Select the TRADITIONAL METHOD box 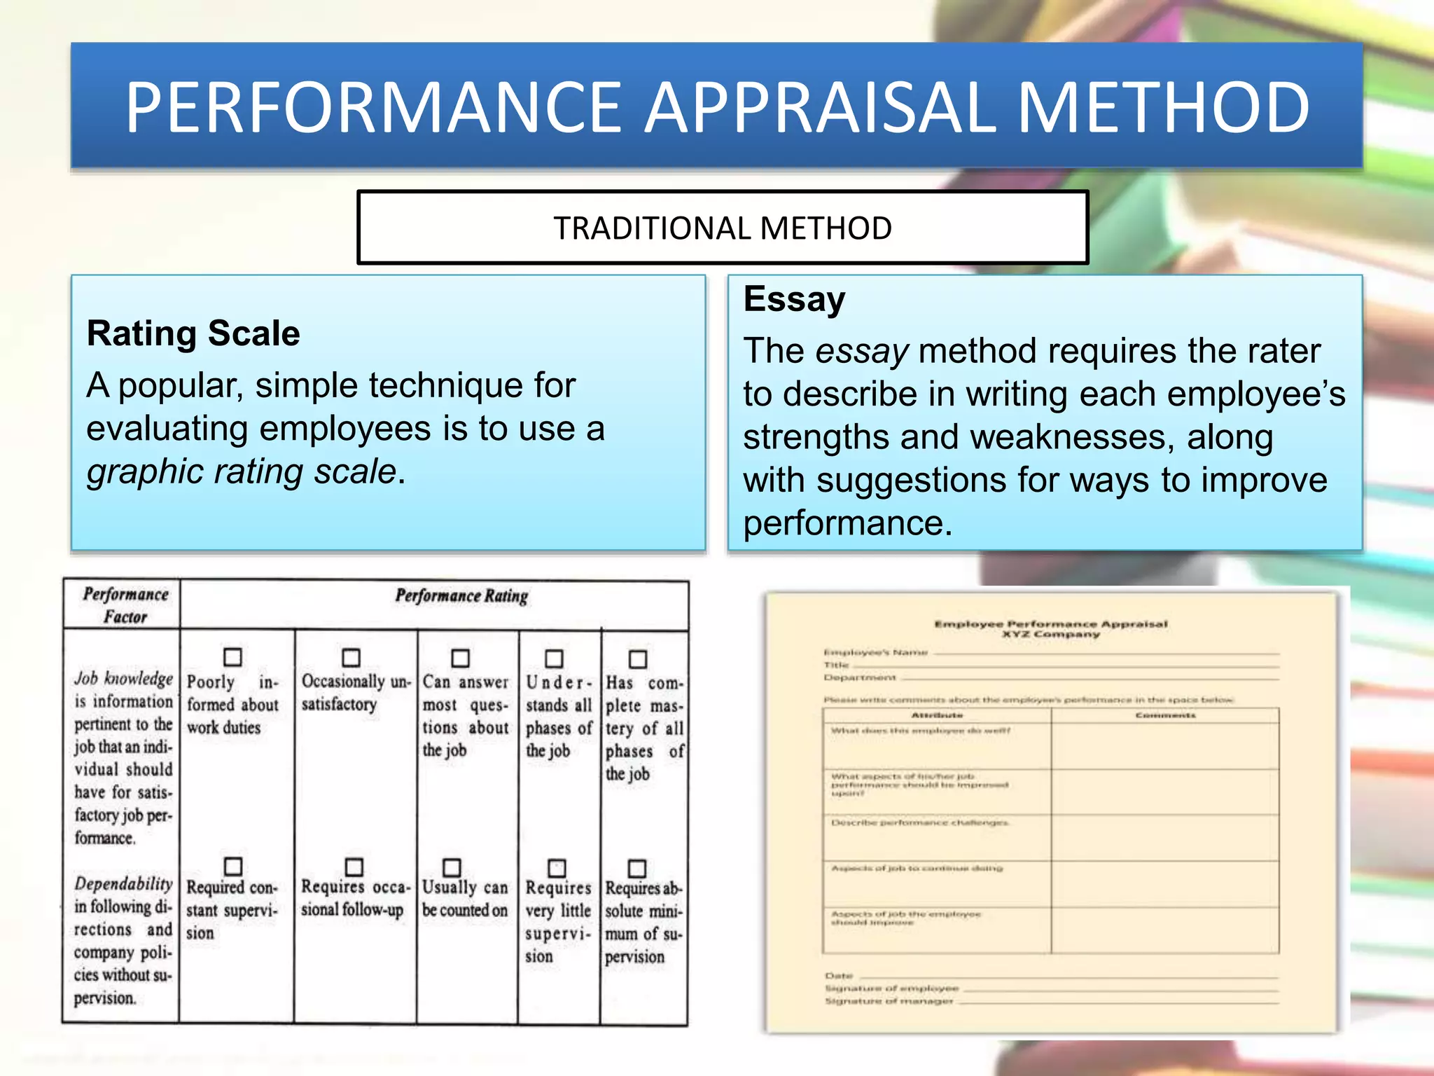[723, 228]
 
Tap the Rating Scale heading [193, 333]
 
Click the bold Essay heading [794, 299]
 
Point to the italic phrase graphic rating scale [242, 471]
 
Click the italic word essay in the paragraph [862, 351]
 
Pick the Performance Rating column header [461, 596]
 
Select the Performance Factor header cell [125, 605]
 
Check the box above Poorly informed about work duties [232, 657]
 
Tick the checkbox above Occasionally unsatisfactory [351, 658]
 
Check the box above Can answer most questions [460, 658]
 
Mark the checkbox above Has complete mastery [638, 659]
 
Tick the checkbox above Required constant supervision [233, 866]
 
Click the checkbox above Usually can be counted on [452, 867]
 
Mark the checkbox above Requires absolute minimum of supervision [637, 868]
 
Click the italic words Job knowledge [123, 678]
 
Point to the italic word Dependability [123, 884]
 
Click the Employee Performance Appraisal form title [1050, 624]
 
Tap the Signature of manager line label [889, 1001]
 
